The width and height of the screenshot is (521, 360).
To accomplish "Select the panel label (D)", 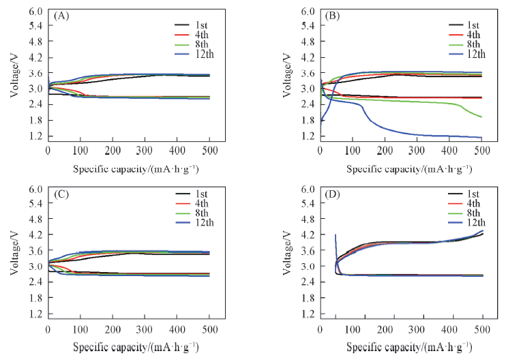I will click(x=333, y=193).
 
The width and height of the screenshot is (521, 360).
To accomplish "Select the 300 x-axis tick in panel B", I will click(x=417, y=151).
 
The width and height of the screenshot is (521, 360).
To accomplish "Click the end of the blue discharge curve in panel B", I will click(x=481, y=138).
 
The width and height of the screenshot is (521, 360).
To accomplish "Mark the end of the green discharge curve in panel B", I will click(x=481, y=117).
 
